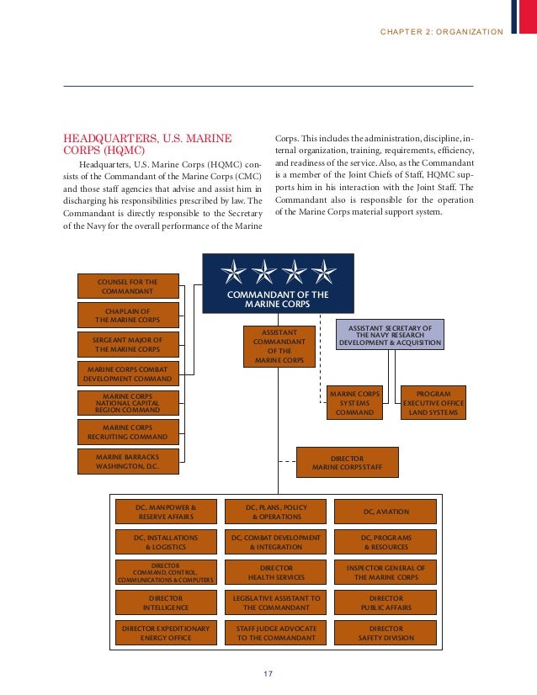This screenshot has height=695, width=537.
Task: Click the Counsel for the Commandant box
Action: [127, 286]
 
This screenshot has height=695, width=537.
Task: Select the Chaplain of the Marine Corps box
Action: [127, 316]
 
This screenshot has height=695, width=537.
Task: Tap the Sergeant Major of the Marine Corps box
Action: [127, 344]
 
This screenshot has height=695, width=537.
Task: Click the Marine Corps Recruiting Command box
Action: [127, 432]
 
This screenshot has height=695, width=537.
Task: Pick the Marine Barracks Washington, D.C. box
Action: [127, 461]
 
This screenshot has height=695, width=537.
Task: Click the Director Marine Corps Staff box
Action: [347, 462]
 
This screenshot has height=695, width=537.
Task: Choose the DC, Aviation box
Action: [386, 512]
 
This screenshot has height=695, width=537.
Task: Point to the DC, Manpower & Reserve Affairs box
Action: [166, 512]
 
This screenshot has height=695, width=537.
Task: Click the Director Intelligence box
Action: [166, 602]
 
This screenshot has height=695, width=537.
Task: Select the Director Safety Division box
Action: [386, 633]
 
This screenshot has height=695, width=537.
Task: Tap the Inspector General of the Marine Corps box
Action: [386, 572]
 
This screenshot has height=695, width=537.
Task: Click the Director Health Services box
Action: [276, 572]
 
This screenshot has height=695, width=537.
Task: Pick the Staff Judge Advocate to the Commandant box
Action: [276, 633]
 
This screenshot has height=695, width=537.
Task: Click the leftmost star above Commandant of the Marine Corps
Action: [233, 272]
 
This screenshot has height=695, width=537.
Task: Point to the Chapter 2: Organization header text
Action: [442, 32]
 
